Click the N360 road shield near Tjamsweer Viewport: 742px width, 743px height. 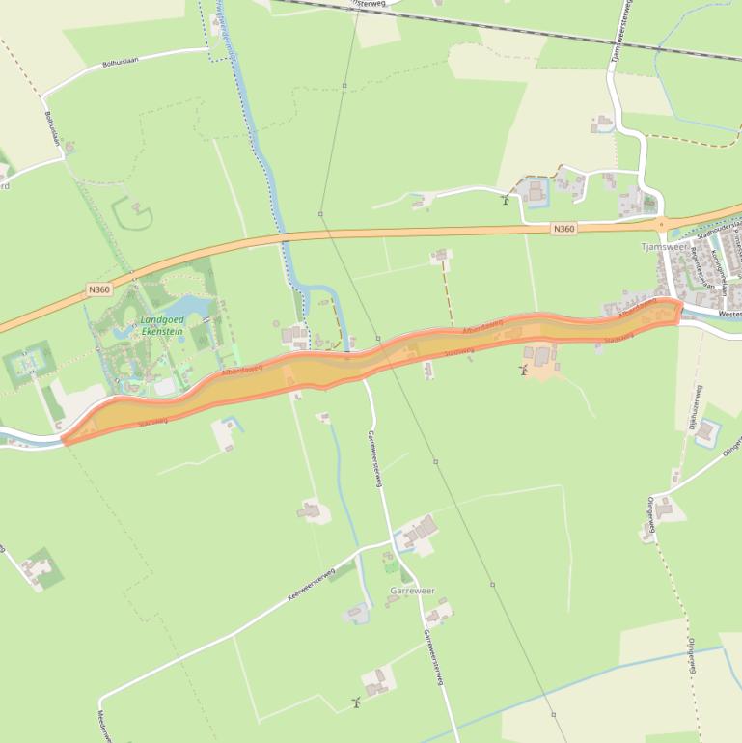[564, 229]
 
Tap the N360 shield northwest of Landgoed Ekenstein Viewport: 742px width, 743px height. [98, 289]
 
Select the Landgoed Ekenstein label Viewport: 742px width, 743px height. [161, 325]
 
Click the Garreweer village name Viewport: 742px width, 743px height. [412, 590]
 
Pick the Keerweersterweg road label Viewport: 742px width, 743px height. [311, 585]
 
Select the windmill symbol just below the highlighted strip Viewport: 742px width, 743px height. [524, 370]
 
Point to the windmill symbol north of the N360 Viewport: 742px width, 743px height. [505, 199]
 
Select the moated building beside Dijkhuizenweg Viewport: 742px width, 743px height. [707, 430]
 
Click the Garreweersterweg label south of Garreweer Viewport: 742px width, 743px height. [432, 657]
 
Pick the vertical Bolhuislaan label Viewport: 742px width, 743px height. [53, 128]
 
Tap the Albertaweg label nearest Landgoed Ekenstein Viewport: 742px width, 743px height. [242, 369]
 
